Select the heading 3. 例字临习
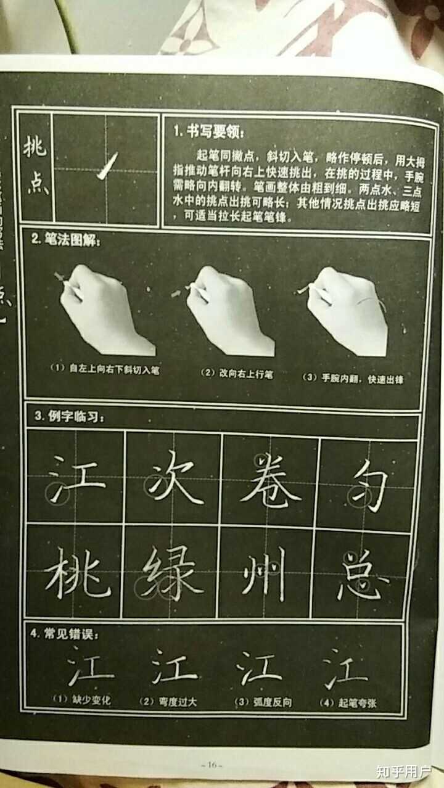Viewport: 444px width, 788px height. click(x=69, y=417)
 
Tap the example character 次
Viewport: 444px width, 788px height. click(x=175, y=480)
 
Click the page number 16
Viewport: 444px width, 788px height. click(x=211, y=765)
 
